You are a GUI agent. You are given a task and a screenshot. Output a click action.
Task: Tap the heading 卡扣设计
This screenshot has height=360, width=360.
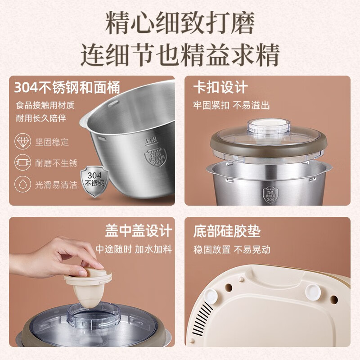coord(220,87)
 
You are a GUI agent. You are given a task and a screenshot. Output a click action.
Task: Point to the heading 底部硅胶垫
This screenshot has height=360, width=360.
coord(227,231)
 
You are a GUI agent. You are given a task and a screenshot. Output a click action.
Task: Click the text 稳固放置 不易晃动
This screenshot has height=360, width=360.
coord(231,249)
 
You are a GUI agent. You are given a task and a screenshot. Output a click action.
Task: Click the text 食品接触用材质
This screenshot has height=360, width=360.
coord(45,105)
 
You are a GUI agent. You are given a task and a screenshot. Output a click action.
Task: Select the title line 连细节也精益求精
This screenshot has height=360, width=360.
coord(180,55)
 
